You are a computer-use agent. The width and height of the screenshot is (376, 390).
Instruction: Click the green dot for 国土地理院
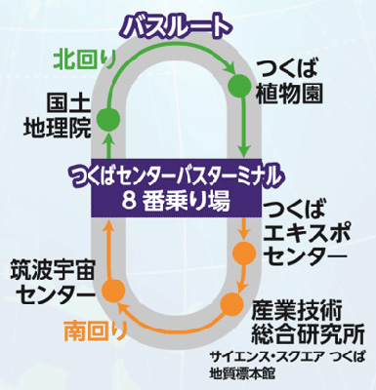tap(110, 119)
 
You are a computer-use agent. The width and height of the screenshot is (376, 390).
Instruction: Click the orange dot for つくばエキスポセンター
tap(243, 256)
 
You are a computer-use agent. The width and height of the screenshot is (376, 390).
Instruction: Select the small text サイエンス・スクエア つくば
tap(293, 357)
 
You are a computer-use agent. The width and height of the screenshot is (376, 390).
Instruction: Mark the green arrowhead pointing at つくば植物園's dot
tap(230, 69)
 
